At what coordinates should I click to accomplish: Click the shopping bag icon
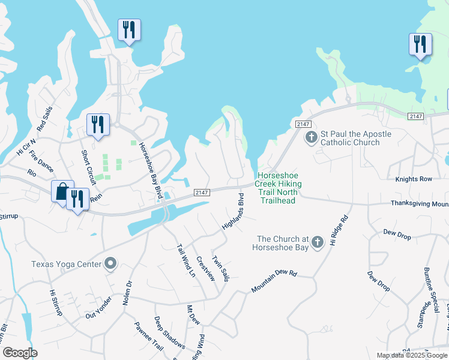pyautogui.click(x=62, y=191)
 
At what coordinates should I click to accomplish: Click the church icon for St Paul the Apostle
pyautogui.click(x=311, y=138)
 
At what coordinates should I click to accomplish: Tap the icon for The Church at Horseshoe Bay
pyautogui.click(x=318, y=241)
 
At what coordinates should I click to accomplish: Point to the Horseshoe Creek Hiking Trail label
pyautogui.click(x=278, y=184)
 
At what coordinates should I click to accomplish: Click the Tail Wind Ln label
pyautogui.click(x=186, y=260)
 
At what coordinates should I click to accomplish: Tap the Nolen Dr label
pyautogui.click(x=127, y=293)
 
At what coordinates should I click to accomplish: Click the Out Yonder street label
pyautogui.click(x=99, y=308)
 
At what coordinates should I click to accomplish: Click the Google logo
pyautogui.click(x=19, y=352)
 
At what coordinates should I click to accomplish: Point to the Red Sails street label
pyautogui.click(x=45, y=118)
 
